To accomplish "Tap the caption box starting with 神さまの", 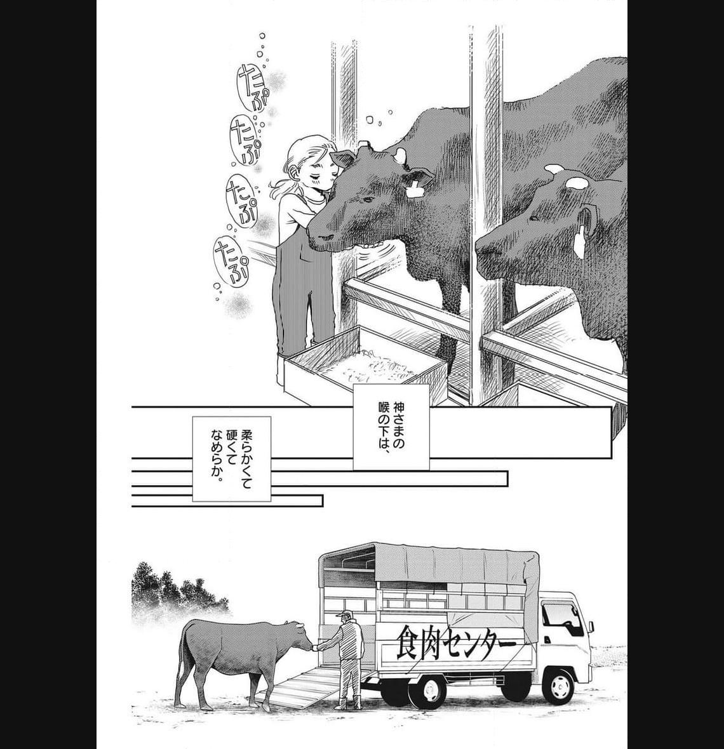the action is pos(391,427).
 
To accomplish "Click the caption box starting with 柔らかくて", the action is pos(231,458).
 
